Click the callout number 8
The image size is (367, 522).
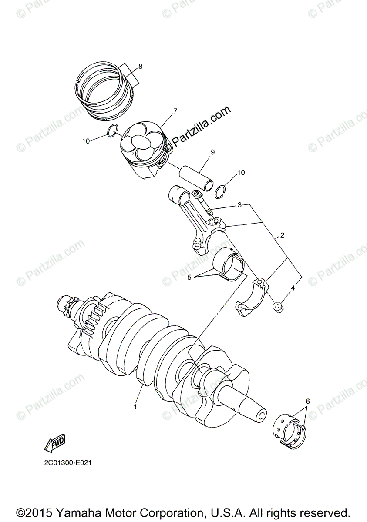140,67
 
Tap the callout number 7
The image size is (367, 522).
175,111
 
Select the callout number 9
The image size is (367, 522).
213,152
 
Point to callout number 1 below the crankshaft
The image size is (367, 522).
135,407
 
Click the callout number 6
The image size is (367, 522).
307,401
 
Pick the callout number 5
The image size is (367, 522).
189,277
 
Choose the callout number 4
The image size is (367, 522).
293,288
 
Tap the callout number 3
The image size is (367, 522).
239,204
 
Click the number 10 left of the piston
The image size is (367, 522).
86,141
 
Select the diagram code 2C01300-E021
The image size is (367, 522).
67,463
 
